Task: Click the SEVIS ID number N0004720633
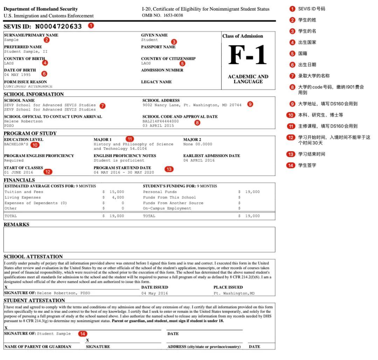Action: [x=58, y=27]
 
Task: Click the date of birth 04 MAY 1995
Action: [x=17, y=75]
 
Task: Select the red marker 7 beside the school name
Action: [x=103, y=105]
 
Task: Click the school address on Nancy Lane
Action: [x=192, y=105]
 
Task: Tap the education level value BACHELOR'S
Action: [x=16, y=144]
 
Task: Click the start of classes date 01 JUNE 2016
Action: [x=19, y=172]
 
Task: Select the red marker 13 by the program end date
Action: [x=169, y=169]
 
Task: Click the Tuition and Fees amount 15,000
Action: [x=117, y=192]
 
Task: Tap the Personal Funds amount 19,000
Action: [x=252, y=192]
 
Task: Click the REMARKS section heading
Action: [x=16, y=225]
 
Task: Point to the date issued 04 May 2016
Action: [x=155, y=293]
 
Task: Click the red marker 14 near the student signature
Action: [x=82, y=334]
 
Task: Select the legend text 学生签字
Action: [x=307, y=165]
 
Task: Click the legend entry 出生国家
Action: [x=307, y=42]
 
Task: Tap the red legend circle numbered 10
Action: [x=290, y=115]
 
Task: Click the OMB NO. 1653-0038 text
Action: [x=162, y=15]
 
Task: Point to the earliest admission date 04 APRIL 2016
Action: [x=199, y=160]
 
